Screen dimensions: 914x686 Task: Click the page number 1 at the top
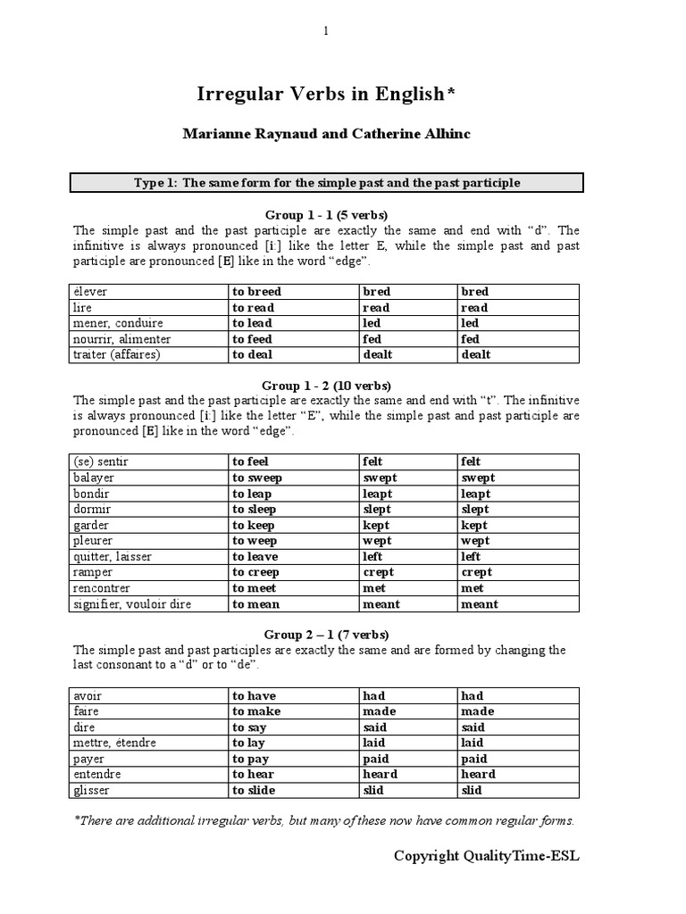[x=326, y=31]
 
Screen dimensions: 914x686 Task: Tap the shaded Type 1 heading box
[x=327, y=183]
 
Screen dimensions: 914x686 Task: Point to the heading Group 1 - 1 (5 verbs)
[x=326, y=215]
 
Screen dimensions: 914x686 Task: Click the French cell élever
[x=91, y=292]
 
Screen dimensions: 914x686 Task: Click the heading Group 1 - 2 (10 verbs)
[x=326, y=386]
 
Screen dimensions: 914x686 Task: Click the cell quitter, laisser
[x=113, y=557]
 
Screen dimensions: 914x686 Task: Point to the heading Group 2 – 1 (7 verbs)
[x=326, y=635]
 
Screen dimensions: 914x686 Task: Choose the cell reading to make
[x=255, y=711]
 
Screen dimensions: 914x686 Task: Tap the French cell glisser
[x=92, y=791]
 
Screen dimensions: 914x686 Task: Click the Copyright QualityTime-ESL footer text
[x=487, y=856]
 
